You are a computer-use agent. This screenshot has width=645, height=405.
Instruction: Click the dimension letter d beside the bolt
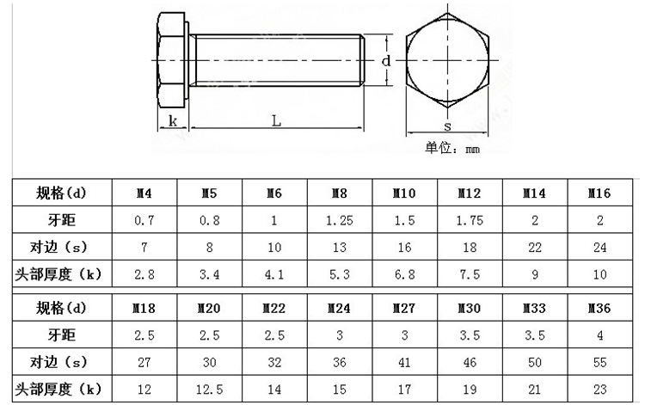[386, 61]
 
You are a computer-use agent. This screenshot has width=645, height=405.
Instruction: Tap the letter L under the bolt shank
[276, 121]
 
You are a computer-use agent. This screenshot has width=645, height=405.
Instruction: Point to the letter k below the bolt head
[173, 121]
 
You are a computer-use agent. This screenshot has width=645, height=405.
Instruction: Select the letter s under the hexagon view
[447, 126]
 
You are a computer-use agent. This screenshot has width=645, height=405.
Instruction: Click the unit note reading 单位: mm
[452, 148]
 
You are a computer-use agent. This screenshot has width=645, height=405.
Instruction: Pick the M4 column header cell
[144, 193]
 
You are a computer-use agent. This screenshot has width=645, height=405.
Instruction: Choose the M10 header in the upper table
[404, 193]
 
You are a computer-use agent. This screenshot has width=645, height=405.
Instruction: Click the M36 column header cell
[599, 309]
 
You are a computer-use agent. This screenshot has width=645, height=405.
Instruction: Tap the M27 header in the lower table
[404, 309]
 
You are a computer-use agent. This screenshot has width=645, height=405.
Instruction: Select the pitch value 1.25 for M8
[340, 221]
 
